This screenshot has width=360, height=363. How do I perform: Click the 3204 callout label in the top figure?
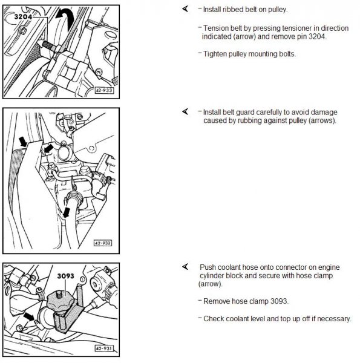23,17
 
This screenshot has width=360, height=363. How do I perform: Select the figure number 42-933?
104,90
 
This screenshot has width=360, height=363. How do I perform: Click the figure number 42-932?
103,243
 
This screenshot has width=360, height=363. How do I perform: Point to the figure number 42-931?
104,348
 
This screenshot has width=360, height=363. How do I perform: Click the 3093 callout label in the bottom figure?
65,276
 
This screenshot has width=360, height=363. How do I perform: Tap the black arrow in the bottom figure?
30,316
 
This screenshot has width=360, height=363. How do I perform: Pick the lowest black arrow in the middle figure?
67,212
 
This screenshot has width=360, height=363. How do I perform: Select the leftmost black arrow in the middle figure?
23,142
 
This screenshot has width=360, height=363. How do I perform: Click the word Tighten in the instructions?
215,54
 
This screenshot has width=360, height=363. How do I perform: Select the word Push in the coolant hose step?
208,267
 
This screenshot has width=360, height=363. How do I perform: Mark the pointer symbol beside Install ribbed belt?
185,9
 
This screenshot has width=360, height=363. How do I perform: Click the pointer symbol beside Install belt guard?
185,111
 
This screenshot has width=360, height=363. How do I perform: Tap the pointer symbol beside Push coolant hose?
185,267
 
